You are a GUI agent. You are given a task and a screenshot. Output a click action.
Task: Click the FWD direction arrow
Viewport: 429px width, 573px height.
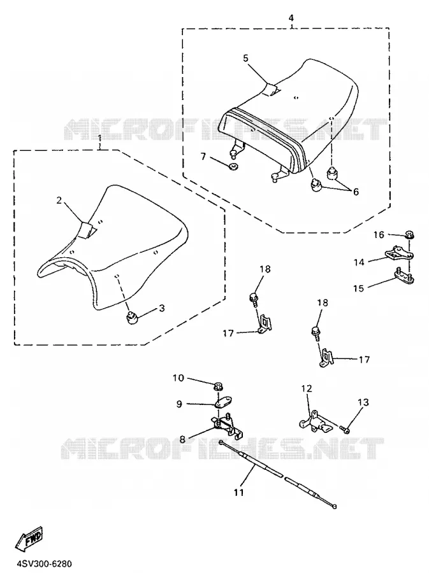tap(29, 539)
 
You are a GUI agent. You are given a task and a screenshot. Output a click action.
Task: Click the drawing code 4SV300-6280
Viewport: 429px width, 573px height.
tap(44, 564)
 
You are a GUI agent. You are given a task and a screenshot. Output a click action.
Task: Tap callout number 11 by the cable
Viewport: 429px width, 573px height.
tap(239, 492)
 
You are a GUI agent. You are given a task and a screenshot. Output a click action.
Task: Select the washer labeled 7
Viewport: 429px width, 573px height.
tap(233, 167)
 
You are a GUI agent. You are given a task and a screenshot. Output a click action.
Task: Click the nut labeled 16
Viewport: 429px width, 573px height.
tap(409, 234)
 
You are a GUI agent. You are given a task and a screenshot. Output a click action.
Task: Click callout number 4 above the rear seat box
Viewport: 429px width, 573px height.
tap(291, 18)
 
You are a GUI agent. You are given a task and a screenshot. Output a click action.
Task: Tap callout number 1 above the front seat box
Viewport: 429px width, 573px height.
tap(100, 139)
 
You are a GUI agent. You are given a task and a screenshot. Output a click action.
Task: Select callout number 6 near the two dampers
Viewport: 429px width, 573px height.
tap(356, 191)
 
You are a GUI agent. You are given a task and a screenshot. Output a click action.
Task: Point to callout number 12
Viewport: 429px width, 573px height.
tap(307, 388)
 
